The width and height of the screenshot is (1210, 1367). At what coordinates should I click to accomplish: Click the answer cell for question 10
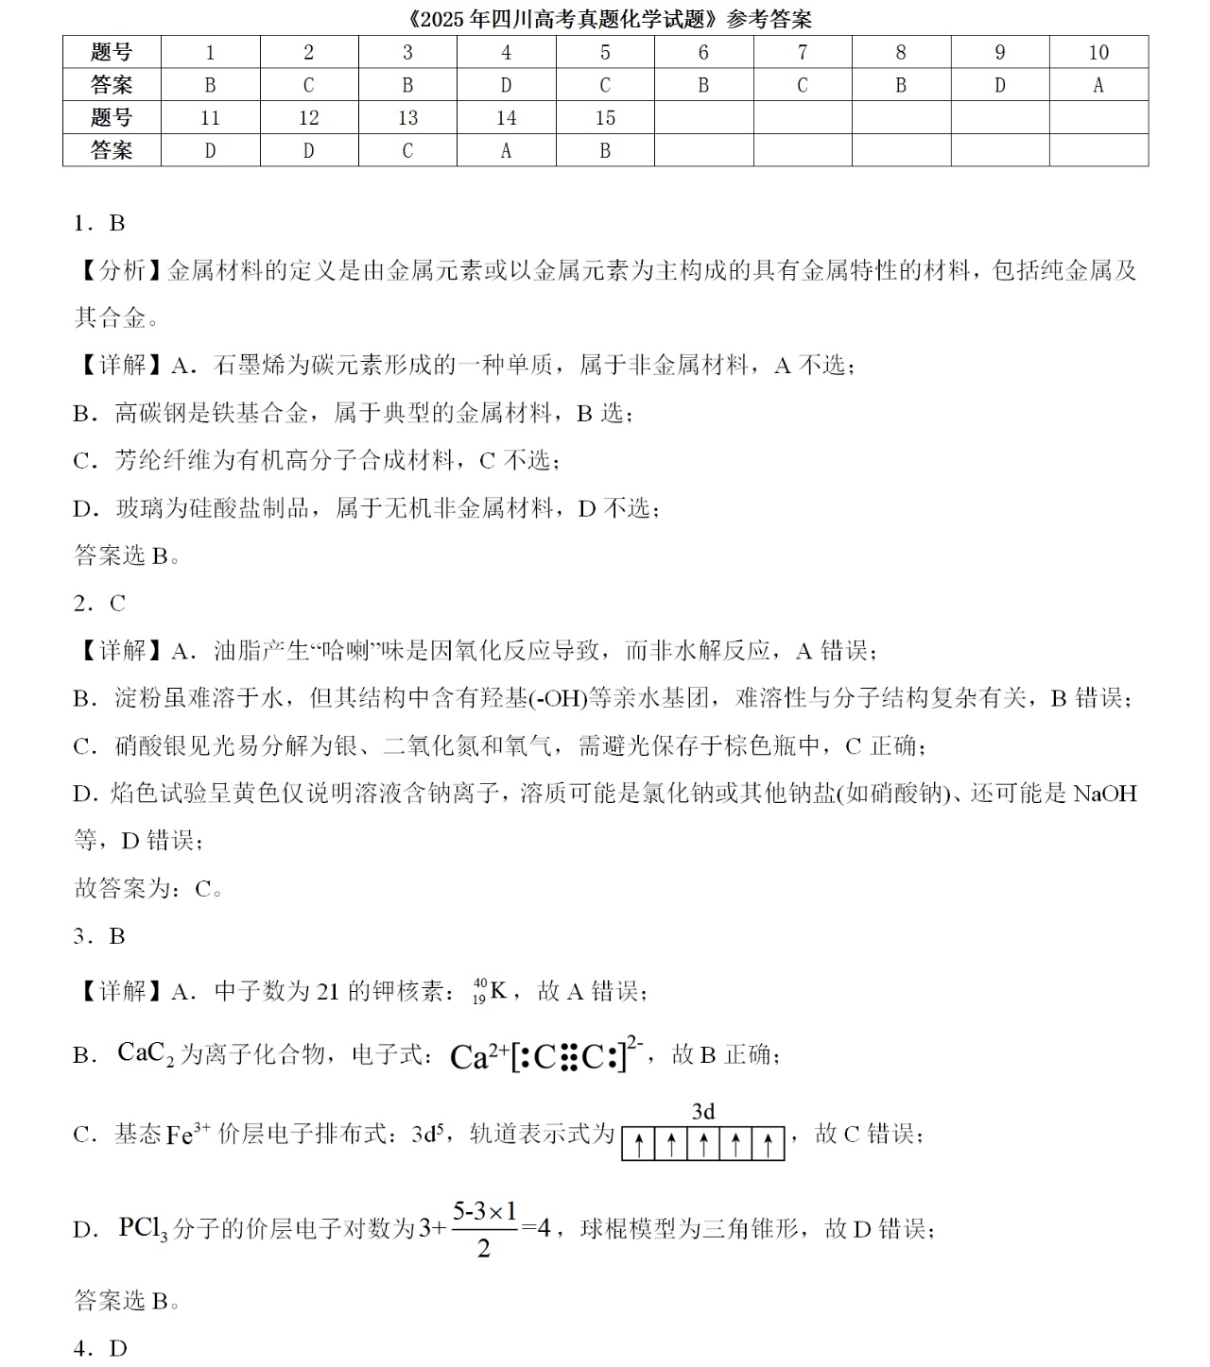(x=1098, y=85)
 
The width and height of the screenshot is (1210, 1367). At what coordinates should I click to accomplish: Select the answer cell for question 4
(x=506, y=85)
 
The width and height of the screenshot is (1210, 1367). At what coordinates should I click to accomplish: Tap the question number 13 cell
(x=407, y=118)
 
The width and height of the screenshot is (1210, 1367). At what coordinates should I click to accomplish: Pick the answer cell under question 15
(x=605, y=150)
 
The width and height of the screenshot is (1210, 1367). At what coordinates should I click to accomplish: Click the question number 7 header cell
(x=803, y=53)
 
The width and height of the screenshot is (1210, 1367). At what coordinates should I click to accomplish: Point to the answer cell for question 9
(x=999, y=85)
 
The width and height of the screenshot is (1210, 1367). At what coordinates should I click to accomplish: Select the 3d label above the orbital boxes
(x=703, y=1111)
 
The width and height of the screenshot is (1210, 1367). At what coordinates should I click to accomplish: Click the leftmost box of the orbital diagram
(x=639, y=1144)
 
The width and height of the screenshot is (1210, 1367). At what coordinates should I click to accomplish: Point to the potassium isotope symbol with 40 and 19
(x=491, y=991)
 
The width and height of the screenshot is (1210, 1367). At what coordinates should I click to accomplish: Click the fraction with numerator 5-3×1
(x=484, y=1229)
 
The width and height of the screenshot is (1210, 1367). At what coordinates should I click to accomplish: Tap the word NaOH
(x=1104, y=794)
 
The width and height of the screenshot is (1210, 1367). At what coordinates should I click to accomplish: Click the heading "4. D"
(x=99, y=1348)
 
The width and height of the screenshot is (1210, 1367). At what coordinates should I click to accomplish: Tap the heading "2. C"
(x=99, y=603)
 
